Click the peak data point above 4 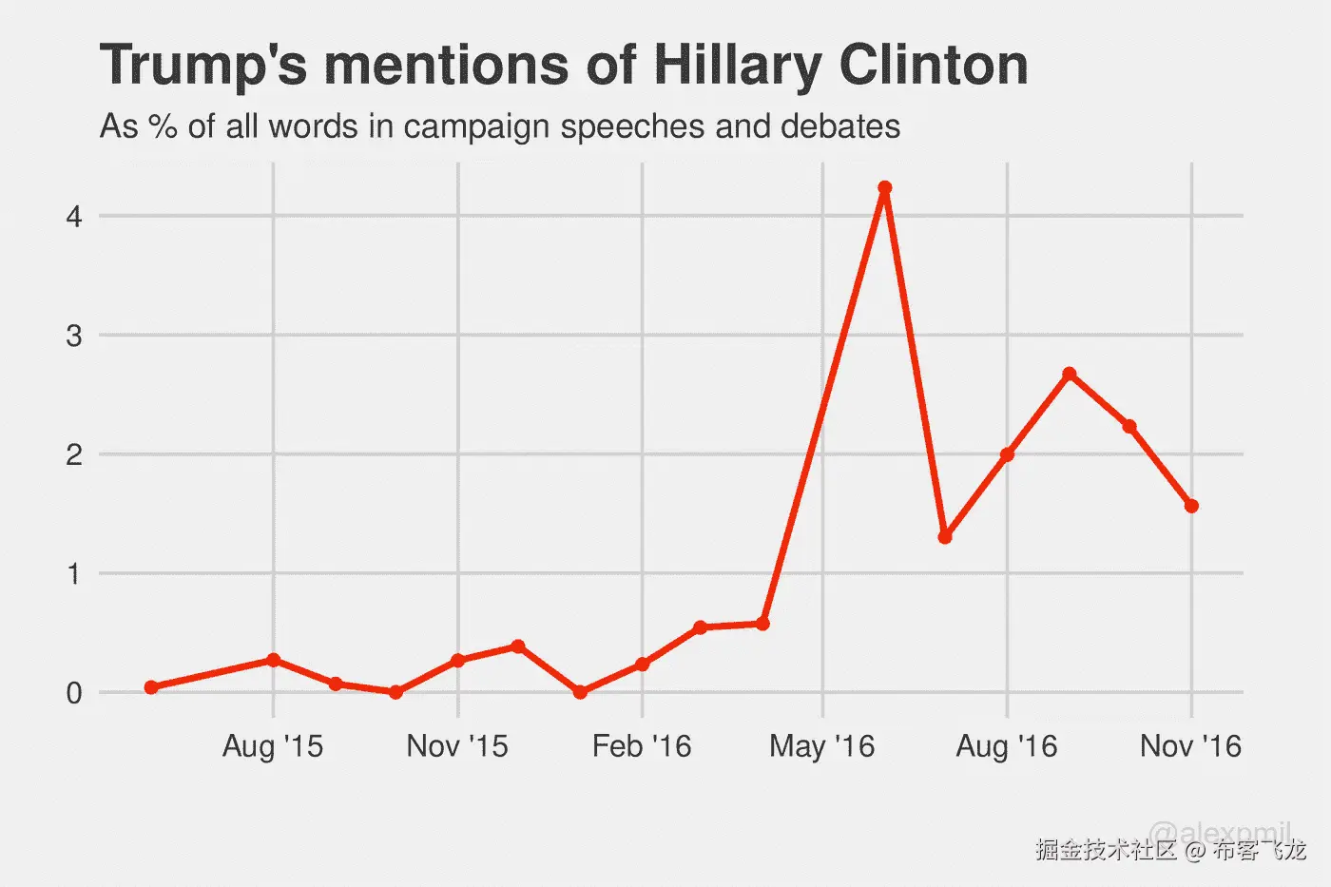point(884,188)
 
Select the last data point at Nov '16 point(1191,507)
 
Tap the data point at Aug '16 point(1007,454)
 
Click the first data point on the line point(151,687)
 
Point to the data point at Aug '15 point(274,660)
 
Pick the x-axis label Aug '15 point(273,746)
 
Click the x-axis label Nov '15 point(457,746)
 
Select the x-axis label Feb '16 point(642,746)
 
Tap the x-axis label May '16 point(822,746)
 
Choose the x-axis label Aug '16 point(1007,746)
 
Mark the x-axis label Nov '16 point(1191,746)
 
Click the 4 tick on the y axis point(74,217)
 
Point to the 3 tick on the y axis point(74,336)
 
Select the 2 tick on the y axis point(74,454)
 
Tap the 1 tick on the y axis point(74,574)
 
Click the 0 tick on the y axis point(74,693)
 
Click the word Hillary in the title point(737,67)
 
